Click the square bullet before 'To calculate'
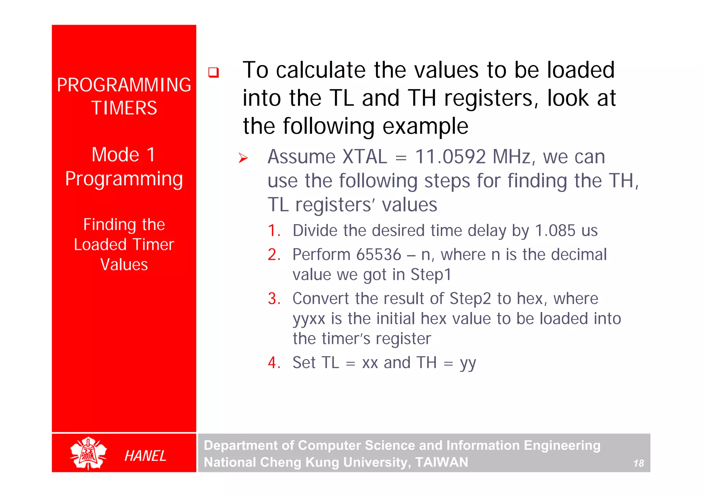pos(214,72)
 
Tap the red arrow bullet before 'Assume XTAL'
pos(243,158)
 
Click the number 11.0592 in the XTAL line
pos(450,157)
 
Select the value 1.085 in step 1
pos(555,231)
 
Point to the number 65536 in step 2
pos(379,255)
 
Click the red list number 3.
pos(274,299)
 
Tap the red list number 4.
pos(274,363)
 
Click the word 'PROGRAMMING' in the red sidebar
pos(124,85)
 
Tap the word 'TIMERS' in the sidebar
pos(124,108)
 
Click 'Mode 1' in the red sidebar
pos(124,154)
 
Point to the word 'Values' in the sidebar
pos(124,265)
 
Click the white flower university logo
pos(88,453)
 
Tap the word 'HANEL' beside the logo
pos(145,456)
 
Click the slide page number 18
pos(638,463)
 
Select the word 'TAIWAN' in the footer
pos(442,462)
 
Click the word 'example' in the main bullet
pos(425,126)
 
